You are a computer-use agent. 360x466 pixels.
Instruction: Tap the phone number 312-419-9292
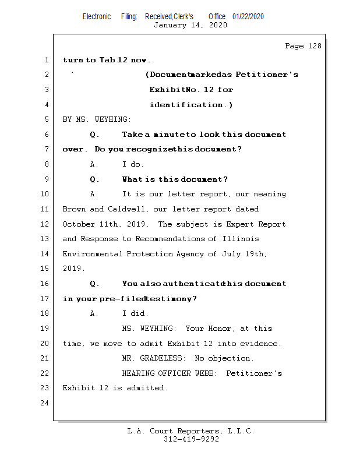click(191, 439)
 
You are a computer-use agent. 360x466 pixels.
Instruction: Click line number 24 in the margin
click(45, 403)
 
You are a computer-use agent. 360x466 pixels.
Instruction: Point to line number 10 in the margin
click(45, 194)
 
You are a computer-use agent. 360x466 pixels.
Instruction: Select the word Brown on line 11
click(74, 209)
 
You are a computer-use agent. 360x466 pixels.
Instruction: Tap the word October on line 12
click(79, 224)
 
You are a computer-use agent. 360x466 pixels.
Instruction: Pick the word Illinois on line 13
click(241, 239)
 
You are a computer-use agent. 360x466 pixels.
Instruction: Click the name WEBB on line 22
click(209, 373)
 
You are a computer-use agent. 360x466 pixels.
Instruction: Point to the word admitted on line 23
click(147, 388)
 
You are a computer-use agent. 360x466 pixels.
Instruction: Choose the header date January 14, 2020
click(190, 25)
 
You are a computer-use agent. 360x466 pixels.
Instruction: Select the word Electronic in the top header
click(97, 17)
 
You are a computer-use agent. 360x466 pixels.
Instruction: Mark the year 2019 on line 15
click(73, 269)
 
